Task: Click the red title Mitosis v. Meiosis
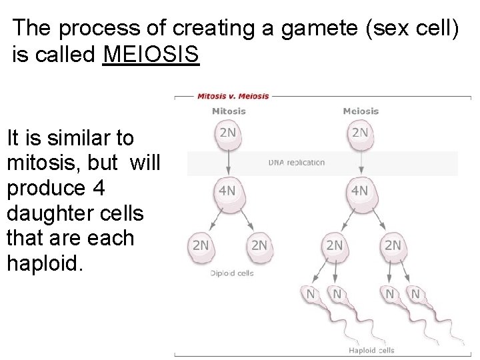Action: click(233, 95)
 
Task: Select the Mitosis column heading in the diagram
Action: click(228, 111)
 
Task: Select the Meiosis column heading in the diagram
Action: click(361, 111)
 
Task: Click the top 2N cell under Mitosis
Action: click(228, 133)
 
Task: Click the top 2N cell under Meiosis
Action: click(360, 133)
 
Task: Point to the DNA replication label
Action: click(297, 162)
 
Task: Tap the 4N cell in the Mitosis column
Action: click(228, 191)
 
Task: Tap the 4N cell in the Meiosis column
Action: click(360, 191)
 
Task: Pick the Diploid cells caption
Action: click(232, 273)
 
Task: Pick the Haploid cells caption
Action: click(371, 350)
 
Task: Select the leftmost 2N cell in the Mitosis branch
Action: click(201, 245)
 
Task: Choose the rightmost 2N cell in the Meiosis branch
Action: click(393, 245)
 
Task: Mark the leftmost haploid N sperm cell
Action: click(311, 294)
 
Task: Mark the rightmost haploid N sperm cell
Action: click(415, 294)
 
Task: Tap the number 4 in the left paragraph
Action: click(99, 189)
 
